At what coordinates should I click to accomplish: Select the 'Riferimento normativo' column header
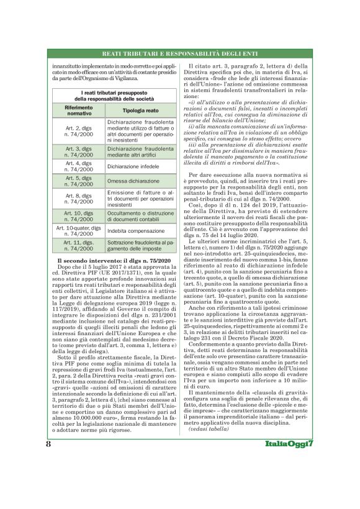pos(79,110)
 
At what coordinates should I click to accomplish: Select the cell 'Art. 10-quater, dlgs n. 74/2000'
pos(79,230)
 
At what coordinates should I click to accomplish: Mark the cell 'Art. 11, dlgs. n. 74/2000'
pos(79,245)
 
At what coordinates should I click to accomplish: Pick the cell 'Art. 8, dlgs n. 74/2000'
pos(79,199)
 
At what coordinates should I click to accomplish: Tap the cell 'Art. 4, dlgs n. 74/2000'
pos(79,166)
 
